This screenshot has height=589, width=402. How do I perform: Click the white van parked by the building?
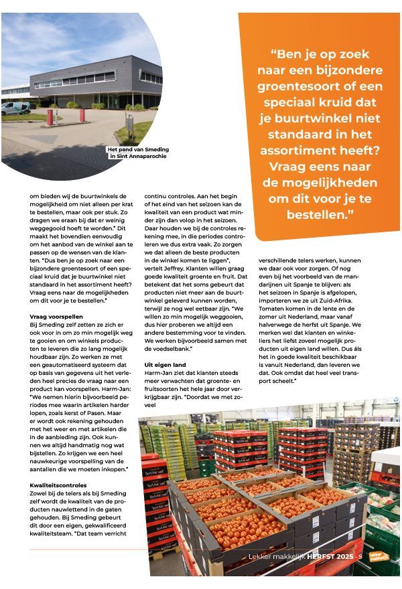[x=15, y=107]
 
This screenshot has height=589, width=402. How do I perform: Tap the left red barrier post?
[x=49, y=118]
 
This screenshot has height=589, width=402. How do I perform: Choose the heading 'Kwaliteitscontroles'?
[x=56, y=484]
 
